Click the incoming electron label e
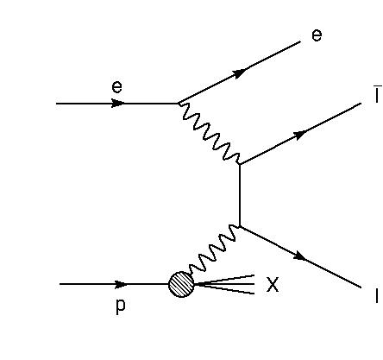pyautogui.click(x=116, y=87)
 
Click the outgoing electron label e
pyautogui.click(x=317, y=35)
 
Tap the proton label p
pyautogui.click(x=121, y=306)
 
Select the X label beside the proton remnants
pyautogui.click(x=273, y=284)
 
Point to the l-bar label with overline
pyautogui.click(x=378, y=94)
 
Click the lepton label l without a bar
pyautogui.click(x=377, y=296)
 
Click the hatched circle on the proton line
pyautogui.click(x=181, y=284)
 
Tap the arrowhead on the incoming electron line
pyautogui.click(x=118, y=104)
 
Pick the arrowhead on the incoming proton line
pyautogui.click(x=121, y=284)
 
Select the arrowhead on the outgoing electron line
pyautogui.click(x=239, y=73)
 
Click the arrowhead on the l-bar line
pyautogui.click(x=300, y=135)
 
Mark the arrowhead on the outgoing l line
pyautogui.click(x=300, y=256)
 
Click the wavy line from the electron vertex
pyautogui.click(x=210, y=134)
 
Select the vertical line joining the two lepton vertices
pyautogui.click(x=240, y=195)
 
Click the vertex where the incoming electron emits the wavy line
pyautogui.click(x=179, y=103)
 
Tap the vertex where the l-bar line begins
pyautogui.click(x=240, y=164)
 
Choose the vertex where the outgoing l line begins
pyautogui.click(x=240, y=227)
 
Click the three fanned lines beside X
pyautogui.click(x=224, y=284)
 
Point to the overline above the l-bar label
pyautogui.click(x=378, y=85)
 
